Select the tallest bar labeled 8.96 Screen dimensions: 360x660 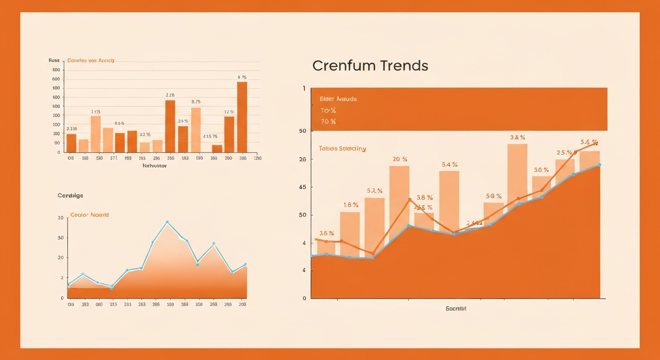[x=242, y=117]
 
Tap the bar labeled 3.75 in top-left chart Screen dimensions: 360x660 [x=196, y=130]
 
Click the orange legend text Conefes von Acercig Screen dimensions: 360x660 [x=91, y=60]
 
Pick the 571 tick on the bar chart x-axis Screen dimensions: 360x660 [x=113, y=158]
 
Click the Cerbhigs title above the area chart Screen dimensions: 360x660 [x=70, y=195]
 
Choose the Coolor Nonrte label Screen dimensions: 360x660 [x=90, y=215]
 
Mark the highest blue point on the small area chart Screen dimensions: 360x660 [x=167, y=222]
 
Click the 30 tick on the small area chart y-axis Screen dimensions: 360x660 [x=60, y=238]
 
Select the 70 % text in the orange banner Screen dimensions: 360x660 [x=328, y=122]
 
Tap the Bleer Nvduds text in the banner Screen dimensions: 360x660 [x=338, y=99]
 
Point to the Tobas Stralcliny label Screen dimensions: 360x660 [x=342, y=149]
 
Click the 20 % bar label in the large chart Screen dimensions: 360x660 [x=399, y=159]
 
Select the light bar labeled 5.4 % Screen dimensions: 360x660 [x=449, y=202]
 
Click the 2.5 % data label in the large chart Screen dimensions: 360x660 [x=564, y=153]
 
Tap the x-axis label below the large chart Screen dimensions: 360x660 [x=456, y=308]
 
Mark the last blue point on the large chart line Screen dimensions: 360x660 [x=600, y=165]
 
